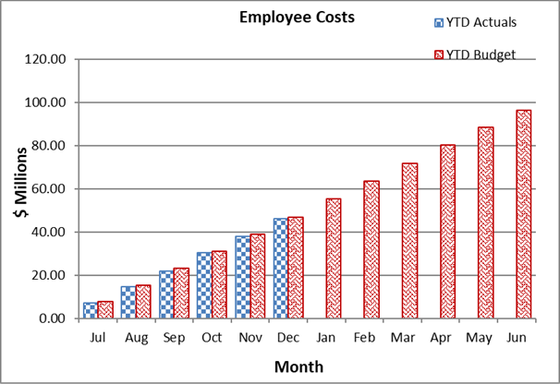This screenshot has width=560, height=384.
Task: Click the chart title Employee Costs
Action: [281, 18]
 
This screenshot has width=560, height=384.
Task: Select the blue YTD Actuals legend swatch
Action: [438, 22]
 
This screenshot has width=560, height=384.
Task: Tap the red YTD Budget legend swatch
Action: [438, 54]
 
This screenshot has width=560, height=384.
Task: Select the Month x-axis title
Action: [298, 366]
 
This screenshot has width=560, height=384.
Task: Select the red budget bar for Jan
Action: [332, 258]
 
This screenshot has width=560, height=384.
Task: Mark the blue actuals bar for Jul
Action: [90, 310]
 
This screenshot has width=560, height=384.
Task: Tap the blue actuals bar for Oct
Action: [204, 285]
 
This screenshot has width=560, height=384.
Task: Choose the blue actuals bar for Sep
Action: [166, 294]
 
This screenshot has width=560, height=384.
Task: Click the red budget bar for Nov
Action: [256, 276]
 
